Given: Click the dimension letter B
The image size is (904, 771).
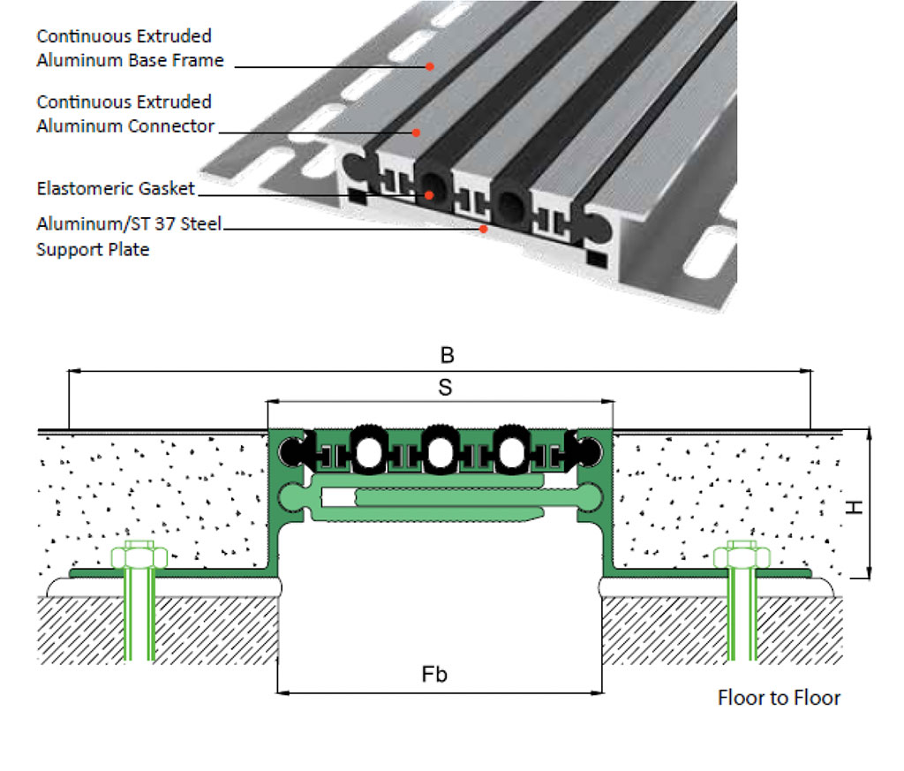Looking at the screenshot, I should [x=448, y=355].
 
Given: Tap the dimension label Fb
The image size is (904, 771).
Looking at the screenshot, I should [x=433, y=675].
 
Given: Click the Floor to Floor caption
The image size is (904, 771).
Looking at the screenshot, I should [x=779, y=699].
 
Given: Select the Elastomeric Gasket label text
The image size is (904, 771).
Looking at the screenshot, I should [x=116, y=189].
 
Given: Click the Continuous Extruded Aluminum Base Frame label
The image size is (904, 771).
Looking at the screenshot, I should [x=130, y=49].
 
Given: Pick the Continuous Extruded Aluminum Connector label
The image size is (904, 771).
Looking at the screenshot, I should [x=124, y=114].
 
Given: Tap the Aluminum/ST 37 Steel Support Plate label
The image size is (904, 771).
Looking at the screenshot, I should [x=128, y=237].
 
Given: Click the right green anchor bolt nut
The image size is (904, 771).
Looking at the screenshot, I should [x=738, y=557].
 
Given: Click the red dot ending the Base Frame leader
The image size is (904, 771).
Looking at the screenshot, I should [x=430, y=65].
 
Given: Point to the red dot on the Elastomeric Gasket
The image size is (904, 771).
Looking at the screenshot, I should [x=430, y=195].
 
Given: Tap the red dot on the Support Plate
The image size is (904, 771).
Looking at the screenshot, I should [x=482, y=230].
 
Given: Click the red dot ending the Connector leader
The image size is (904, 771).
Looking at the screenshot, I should [x=417, y=132].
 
